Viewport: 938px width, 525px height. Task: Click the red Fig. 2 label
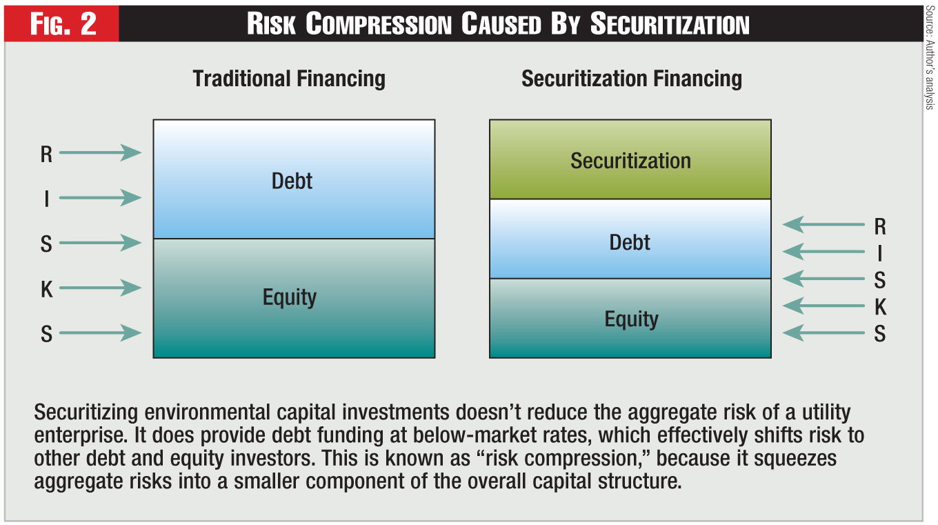[63, 23]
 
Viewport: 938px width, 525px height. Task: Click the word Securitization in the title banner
[670, 23]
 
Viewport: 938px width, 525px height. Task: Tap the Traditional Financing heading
[289, 79]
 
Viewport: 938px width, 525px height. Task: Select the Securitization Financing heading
[632, 79]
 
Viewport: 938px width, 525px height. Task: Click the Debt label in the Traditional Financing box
[292, 181]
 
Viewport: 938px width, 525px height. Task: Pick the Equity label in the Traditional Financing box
[290, 298]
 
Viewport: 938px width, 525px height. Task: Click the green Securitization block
[630, 159]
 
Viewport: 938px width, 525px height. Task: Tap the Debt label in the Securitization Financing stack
[630, 243]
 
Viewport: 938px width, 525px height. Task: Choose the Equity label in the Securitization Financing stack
[632, 319]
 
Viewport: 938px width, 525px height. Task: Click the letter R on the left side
[46, 155]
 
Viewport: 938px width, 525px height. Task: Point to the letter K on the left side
[47, 290]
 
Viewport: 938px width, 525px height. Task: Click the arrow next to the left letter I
[101, 198]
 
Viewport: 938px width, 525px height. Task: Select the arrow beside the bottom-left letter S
[101, 333]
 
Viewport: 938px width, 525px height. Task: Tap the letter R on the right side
[880, 227]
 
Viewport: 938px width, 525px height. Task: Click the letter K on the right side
[880, 307]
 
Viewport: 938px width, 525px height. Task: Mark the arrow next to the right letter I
[824, 251]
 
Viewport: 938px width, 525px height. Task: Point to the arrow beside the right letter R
[824, 225]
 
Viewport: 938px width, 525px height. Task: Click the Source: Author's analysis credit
[930, 58]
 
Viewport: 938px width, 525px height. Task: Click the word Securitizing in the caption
[86, 413]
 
